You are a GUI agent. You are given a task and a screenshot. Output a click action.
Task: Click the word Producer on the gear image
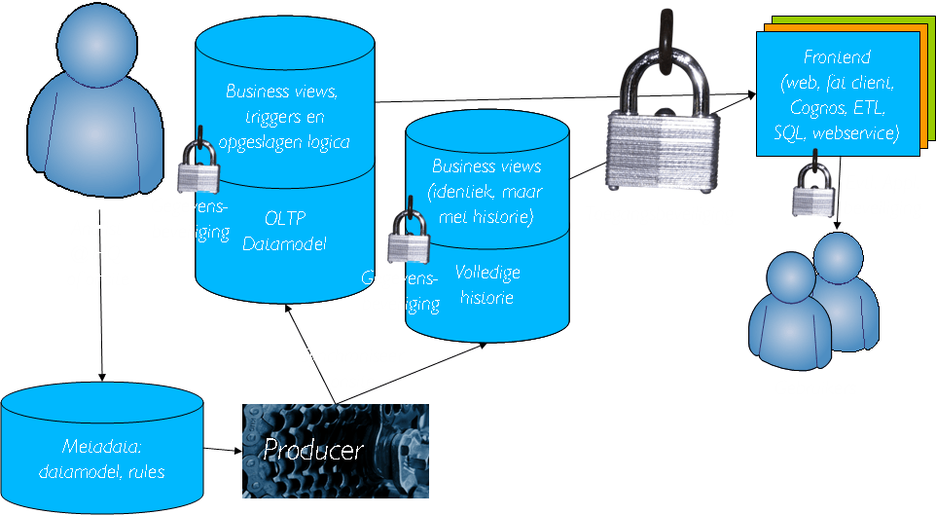tap(313, 451)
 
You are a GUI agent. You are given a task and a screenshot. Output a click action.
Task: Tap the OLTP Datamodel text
tap(284, 230)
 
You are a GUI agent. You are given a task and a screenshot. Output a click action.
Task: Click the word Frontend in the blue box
tap(837, 57)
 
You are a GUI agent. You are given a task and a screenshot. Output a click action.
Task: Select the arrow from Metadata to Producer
tap(222, 450)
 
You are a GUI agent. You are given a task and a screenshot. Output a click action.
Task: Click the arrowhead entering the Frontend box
tap(750, 93)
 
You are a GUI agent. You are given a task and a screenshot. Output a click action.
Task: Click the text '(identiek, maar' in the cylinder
tap(486, 191)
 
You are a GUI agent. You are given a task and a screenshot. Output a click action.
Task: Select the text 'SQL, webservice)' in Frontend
tap(837, 131)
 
